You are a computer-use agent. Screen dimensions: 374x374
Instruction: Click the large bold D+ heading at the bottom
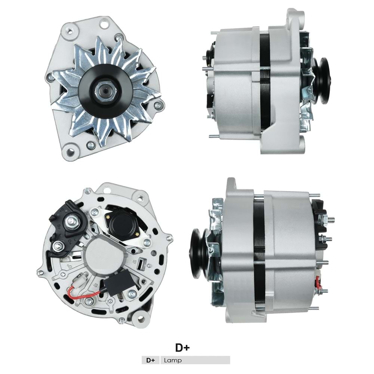(x=183, y=347)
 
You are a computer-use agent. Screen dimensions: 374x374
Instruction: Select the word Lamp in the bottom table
(x=172, y=361)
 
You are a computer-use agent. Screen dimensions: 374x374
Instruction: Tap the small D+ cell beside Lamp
(x=151, y=361)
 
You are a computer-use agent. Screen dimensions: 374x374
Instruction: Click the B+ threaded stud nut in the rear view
(x=70, y=222)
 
